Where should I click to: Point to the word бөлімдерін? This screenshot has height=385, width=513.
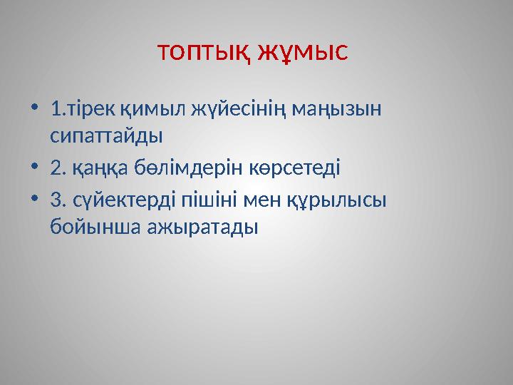tap(178, 168)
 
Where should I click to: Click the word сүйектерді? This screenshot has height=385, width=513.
tap(118, 202)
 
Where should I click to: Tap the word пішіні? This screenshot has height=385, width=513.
tap(202, 202)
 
